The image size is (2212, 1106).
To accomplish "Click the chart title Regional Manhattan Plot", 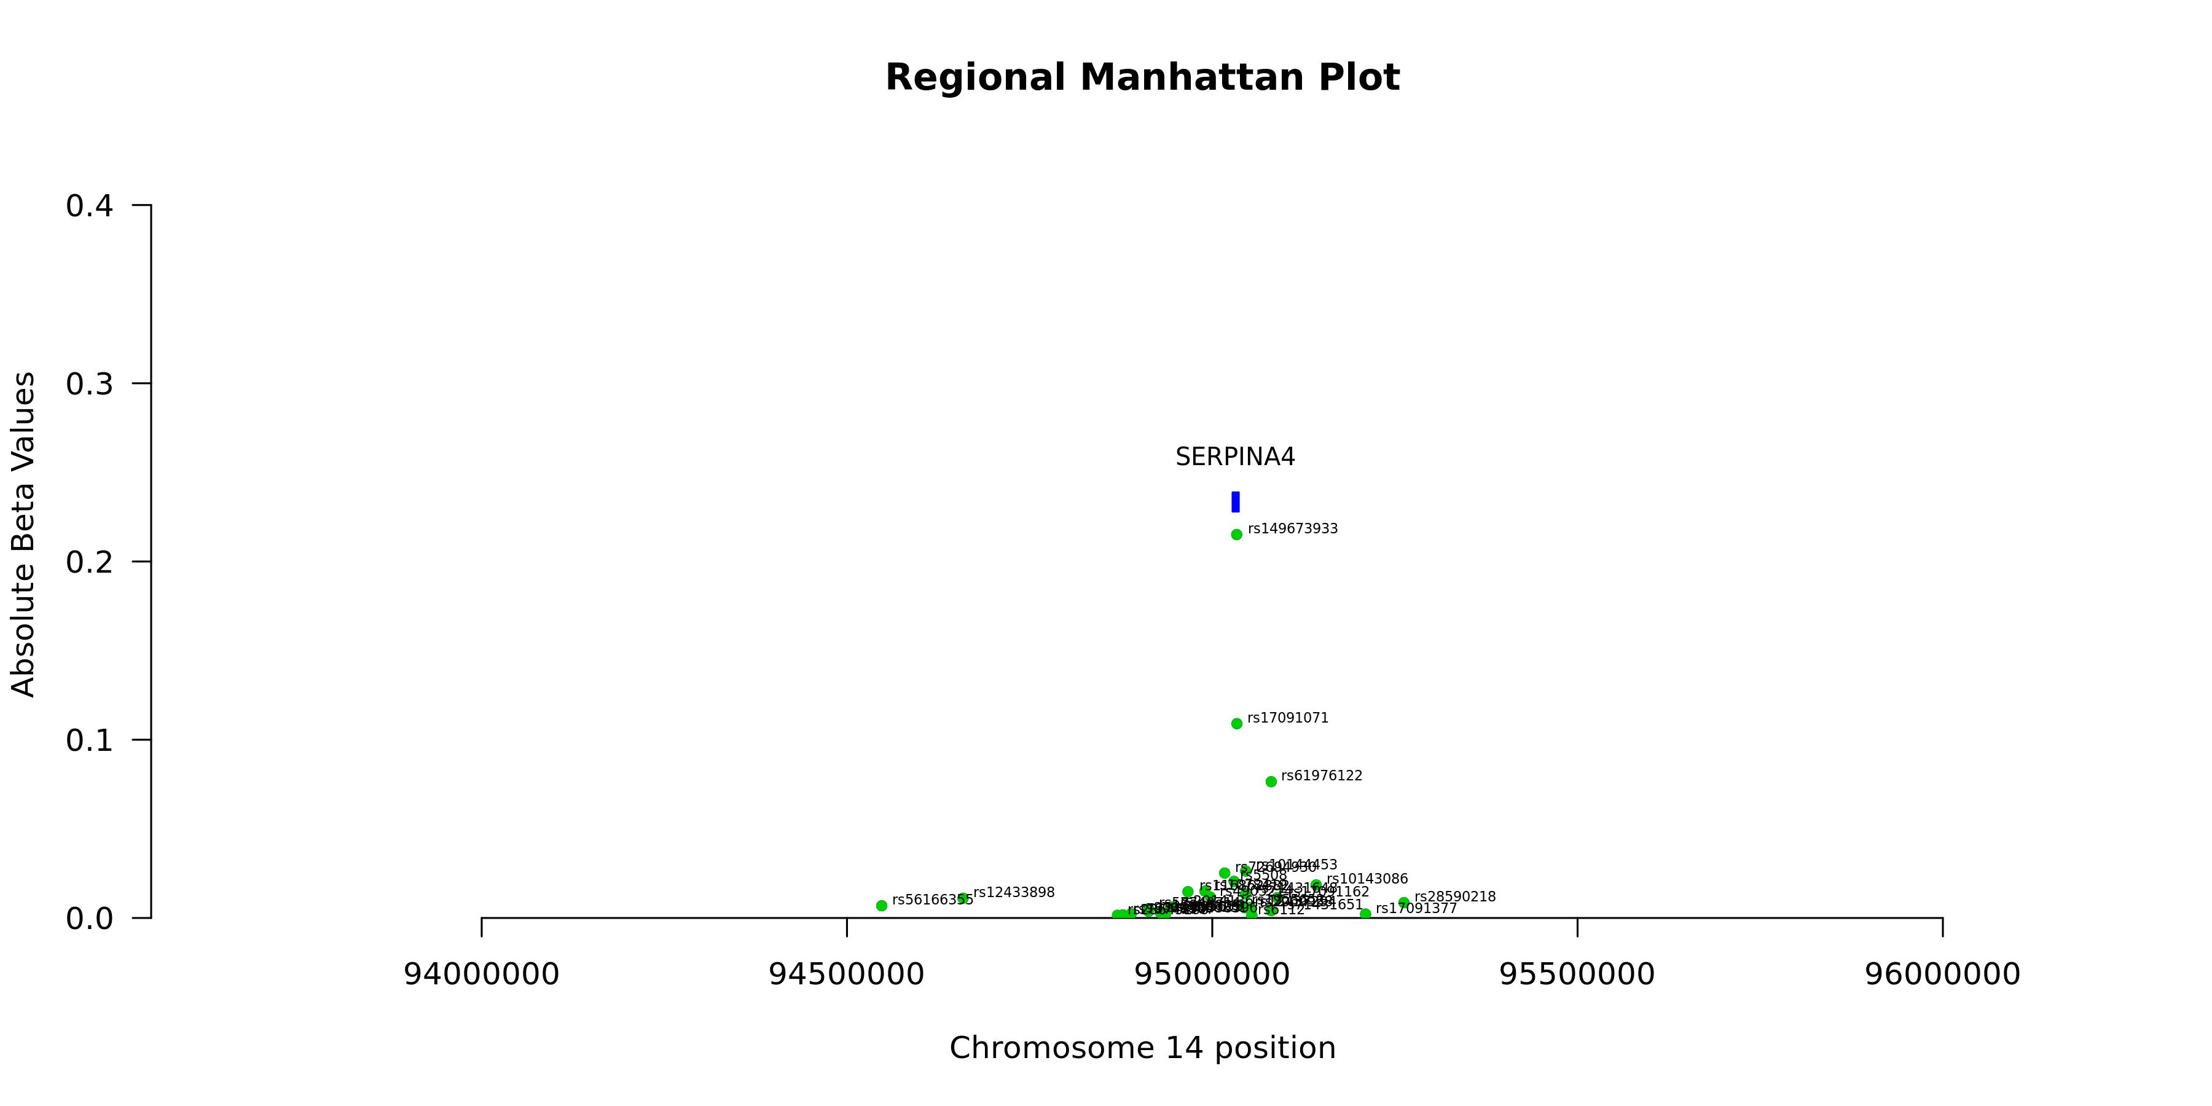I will point(1142,77).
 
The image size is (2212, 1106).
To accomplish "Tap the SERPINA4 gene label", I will point(1235,458).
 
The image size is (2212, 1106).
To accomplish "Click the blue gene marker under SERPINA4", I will point(1236,501).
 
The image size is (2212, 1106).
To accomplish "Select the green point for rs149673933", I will point(1236,534).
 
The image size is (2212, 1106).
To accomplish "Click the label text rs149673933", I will point(1292,529).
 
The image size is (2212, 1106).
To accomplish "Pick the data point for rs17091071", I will point(1236,723).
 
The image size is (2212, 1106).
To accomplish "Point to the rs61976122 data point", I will point(1271,782).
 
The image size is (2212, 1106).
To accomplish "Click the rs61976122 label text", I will point(1322,775).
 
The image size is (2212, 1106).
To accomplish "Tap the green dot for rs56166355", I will point(881,905).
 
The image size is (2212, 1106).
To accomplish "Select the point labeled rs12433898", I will point(963,898).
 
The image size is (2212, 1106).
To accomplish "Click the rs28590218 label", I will point(1454,896).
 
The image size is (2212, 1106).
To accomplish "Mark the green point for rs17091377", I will point(1365,914).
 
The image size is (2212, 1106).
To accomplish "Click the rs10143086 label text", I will point(1367,879).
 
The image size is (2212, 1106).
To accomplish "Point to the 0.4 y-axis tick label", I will point(89,206).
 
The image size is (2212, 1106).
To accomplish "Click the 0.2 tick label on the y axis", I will point(89,562).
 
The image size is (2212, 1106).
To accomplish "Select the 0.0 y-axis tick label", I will point(89,919).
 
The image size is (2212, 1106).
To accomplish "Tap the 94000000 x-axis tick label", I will point(482,975).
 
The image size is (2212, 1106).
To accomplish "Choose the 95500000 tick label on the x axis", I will point(1577,975).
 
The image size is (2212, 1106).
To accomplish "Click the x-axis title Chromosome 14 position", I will point(1142,1048).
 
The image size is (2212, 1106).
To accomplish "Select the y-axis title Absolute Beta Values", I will point(23,534).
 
